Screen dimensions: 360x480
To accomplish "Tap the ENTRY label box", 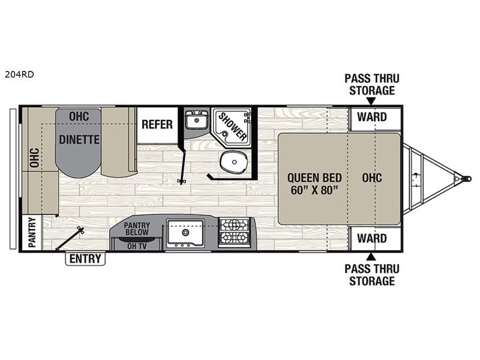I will [85, 259].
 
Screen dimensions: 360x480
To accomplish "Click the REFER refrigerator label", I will [157, 125].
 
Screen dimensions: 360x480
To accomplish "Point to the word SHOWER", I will [232, 126].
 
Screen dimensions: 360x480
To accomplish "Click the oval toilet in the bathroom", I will [231, 160].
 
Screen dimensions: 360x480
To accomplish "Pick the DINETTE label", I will [79, 139].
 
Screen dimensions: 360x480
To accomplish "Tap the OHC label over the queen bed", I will [372, 178].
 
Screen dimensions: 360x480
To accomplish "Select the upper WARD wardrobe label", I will [372, 117].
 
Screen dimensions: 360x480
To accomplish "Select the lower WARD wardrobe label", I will [372, 238].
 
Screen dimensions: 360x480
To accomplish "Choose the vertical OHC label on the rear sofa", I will [34, 157].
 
